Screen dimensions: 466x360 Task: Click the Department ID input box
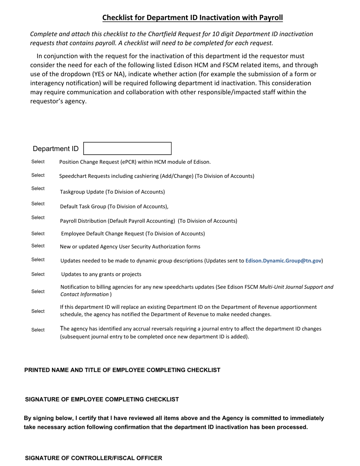click(127, 149)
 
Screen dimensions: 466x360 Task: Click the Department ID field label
click(56, 149)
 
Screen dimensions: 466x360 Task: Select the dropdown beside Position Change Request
click(38, 162)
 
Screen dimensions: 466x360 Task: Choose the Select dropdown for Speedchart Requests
click(38, 175)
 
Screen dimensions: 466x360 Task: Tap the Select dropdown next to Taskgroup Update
click(38, 189)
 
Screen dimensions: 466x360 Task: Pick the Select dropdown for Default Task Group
click(38, 204)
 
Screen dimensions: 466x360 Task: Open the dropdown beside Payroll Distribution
click(38, 217)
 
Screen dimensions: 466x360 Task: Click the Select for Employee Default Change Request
click(38, 234)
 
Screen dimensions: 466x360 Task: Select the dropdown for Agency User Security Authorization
click(38, 246)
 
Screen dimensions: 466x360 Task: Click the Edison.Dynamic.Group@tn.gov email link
click(283, 261)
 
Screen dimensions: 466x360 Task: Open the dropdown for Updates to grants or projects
click(38, 274)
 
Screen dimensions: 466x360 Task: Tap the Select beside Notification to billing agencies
click(38, 292)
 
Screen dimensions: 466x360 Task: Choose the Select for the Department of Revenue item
click(38, 311)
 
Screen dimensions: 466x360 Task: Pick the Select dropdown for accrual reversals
click(38, 330)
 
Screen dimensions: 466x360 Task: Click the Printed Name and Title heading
click(122, 370)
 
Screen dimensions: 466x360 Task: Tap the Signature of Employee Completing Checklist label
click(102, 399)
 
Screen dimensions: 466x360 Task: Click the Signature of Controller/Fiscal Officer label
click(94, 458)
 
